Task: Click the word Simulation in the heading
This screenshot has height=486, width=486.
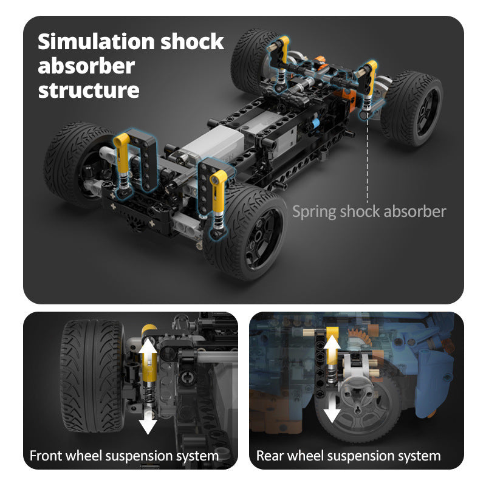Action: (96, 43)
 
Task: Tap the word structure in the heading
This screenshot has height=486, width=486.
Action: (89, 90)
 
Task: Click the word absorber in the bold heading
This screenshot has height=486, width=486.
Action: (86, 66)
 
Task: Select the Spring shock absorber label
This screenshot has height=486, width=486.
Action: (369, 211)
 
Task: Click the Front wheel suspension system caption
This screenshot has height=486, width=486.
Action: (125, 455)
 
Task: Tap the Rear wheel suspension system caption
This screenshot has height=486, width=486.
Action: (348, 455)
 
